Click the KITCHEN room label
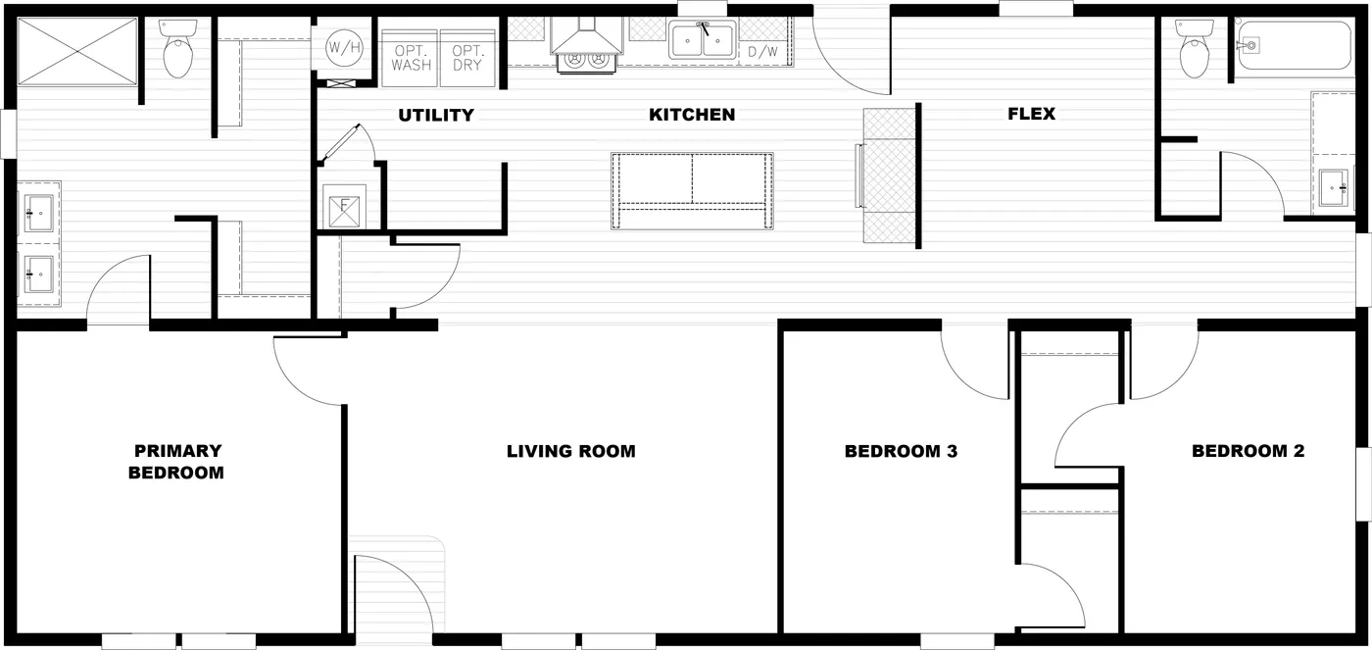pos(692,115)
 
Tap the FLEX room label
pos(1031,114)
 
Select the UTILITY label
pos(436,115)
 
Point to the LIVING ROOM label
pos(570,452)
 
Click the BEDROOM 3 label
pos(901,452)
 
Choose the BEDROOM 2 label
pos(1248,451)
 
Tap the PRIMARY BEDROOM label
pos(176,462)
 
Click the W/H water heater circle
pos(344,47)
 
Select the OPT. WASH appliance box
pos(410,58)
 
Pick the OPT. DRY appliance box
pos(467,58)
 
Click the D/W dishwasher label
pos(763,52)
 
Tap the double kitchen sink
pos(702,40)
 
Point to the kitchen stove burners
pos(586,61)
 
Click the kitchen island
pos(692,191)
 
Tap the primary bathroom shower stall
pos(77,51)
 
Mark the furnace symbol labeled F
pos(344,207)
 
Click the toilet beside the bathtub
pos(1195,48)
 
